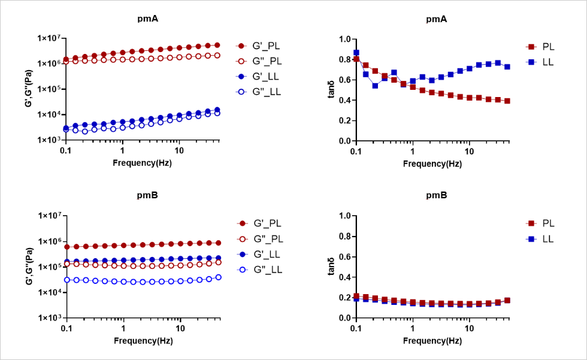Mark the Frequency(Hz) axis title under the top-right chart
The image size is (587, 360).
pos(432,163)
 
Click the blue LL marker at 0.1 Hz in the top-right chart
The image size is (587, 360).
pos(356,53)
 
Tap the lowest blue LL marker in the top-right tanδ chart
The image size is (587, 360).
pos(376,86)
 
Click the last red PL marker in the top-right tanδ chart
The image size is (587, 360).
pos(507,101)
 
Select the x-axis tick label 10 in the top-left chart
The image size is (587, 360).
pos(179,152)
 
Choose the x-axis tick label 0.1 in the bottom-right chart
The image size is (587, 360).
pos(356,329)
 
